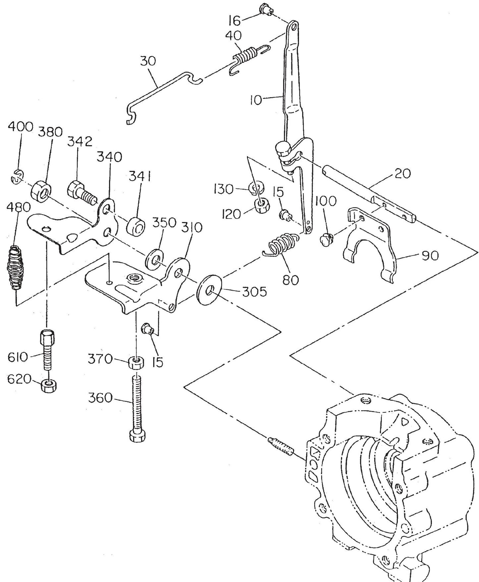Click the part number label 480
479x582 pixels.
[19, 207]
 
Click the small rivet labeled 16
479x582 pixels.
[266, 8]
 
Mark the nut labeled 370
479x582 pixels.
[136, 363]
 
